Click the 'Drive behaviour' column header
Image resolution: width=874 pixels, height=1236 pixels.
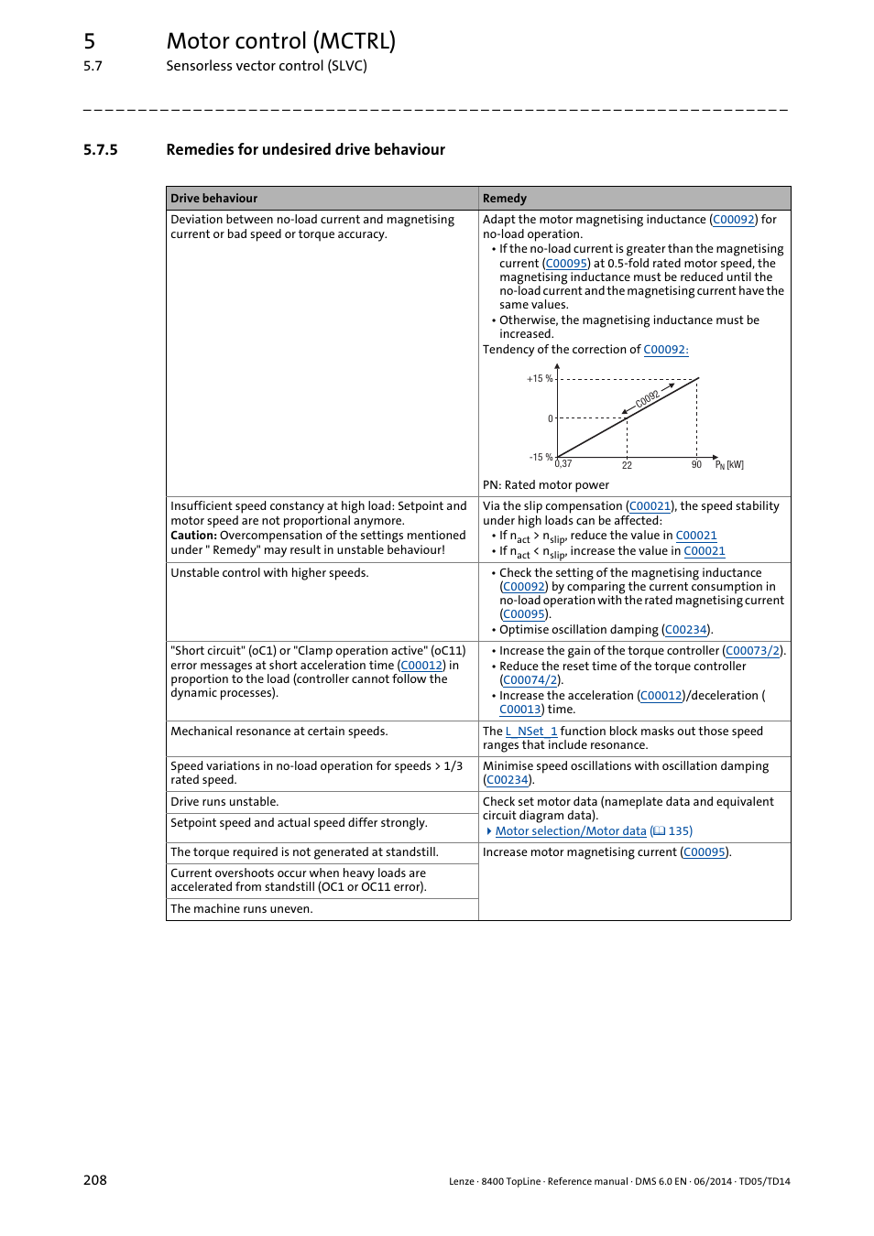213,199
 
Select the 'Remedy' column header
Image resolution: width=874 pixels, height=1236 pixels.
504,199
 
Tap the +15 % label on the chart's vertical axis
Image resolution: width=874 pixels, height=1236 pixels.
539,379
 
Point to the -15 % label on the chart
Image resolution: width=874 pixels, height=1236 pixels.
541,457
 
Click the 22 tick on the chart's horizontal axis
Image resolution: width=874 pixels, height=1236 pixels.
627,466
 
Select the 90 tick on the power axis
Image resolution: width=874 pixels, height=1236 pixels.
696,465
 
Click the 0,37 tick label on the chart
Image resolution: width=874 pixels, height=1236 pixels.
563,464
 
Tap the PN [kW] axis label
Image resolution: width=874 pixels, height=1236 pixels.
729,465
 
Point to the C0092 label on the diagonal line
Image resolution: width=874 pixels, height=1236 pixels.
647,398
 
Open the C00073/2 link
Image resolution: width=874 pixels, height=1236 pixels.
753,651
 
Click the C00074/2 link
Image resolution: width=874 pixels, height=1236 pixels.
530,680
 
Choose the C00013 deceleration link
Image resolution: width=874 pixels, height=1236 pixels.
519,710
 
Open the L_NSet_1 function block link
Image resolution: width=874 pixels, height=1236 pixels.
531,732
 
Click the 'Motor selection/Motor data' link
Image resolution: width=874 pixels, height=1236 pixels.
571,831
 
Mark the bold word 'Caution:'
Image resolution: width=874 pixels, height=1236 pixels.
193,536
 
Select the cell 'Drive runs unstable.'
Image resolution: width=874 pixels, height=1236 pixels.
224,802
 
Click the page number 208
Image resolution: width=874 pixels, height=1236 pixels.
95,1180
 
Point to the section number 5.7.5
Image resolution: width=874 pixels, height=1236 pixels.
100,150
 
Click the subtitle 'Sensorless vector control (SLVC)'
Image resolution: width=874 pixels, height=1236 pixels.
266,66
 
